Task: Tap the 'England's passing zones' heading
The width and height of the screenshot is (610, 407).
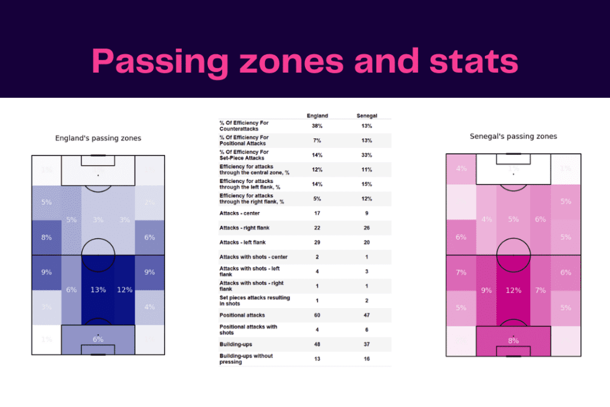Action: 98,138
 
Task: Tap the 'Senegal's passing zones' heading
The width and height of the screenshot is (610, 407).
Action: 513,136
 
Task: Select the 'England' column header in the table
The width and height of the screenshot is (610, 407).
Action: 317,116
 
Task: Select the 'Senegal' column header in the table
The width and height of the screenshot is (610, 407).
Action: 366,116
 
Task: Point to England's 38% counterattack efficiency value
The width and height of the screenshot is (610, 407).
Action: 317,126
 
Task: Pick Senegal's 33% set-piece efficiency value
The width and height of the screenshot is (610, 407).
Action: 366,155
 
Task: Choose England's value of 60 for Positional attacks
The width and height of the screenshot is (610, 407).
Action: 317,315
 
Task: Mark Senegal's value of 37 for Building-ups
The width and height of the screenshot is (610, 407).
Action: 366,344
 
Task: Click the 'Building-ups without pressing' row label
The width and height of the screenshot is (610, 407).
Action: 246,359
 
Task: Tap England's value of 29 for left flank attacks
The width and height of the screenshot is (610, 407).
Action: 317,243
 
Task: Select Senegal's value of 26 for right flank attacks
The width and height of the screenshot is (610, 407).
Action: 366,228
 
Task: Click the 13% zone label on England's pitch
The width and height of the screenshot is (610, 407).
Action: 98,290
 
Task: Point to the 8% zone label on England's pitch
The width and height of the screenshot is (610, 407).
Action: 46,237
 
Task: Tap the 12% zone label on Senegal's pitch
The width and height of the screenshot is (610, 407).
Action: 513,290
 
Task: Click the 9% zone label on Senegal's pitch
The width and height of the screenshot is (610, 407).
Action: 486,291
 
